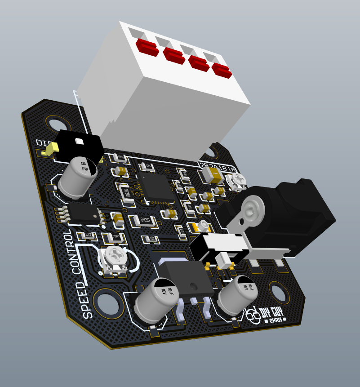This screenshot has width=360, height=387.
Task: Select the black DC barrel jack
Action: pyautogui.click(x=288, y=211)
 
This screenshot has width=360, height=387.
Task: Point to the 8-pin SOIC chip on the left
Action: pyautogui.click(x=84, y=213)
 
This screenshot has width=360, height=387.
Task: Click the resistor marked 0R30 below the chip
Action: pyautogui.click(x=143, y=221)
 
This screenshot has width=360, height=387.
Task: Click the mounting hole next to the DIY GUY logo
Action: pyautogui.click(x=279, y=293)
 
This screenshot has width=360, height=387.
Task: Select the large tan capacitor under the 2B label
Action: pyautogui.click(x=211, y=174)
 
